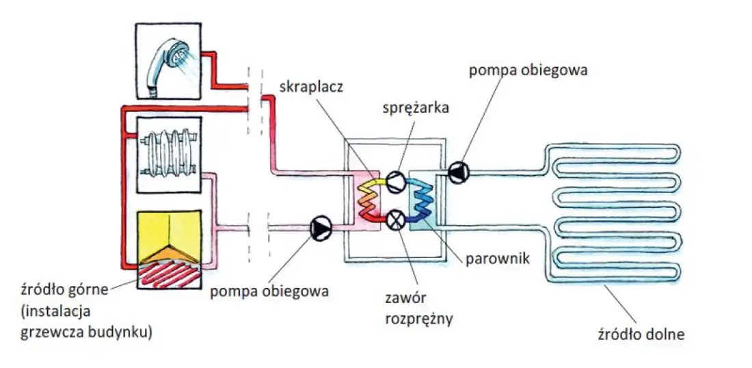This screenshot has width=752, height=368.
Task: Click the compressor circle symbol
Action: (x=395, y=182)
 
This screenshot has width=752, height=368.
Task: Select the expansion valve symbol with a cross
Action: (x=395, y=220)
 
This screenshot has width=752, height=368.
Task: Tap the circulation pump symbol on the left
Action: (x=319, y=227)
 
